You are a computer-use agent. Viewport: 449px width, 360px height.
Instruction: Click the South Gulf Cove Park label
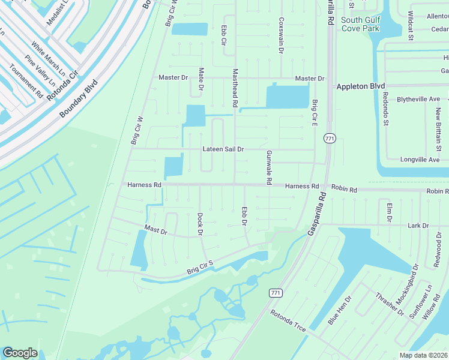coord(360,24)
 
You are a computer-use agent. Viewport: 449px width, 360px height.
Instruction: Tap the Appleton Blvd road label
coord(360,86)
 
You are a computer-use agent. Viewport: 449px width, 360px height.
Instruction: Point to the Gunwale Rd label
coord(269,167)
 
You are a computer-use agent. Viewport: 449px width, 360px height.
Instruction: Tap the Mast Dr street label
coord(155,230)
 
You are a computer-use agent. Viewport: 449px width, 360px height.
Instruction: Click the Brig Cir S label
coord(200,267)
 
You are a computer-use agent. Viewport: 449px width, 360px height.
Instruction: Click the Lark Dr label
coord(418,226)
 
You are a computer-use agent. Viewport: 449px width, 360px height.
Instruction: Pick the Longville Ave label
coord(420,160)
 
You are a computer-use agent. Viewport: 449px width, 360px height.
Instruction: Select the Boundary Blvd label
coord(78,100)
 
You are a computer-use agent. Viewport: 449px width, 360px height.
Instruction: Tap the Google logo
coord(20,353)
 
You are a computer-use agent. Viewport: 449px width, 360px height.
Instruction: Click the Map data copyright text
coord(424,355)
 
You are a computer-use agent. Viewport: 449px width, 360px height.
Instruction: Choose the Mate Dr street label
coord(201,79)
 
